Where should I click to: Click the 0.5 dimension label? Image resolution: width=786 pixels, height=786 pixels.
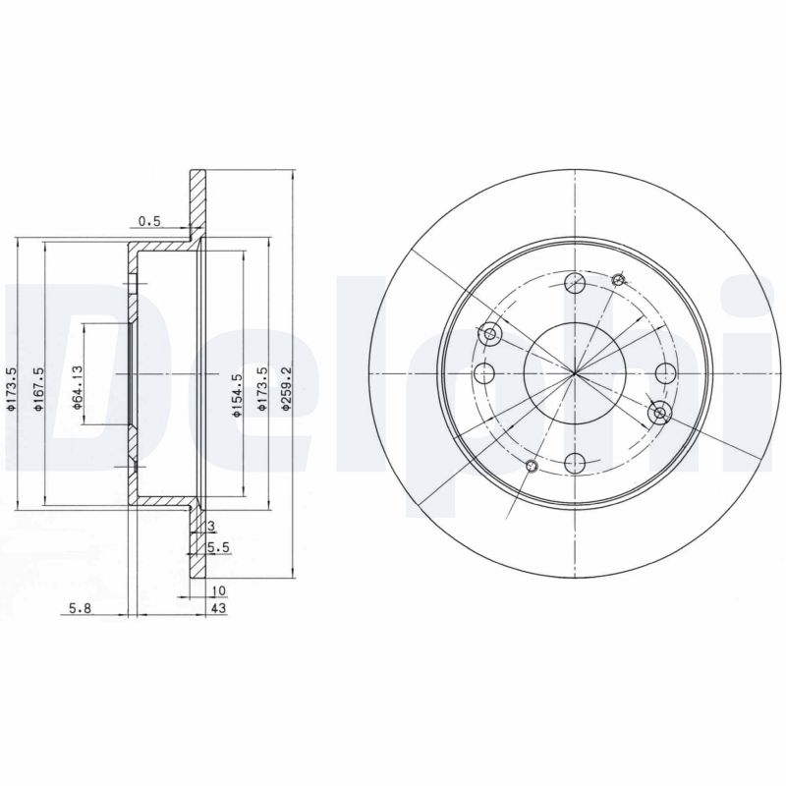[149, 221]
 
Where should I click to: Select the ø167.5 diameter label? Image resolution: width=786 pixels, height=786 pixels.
[39, 389]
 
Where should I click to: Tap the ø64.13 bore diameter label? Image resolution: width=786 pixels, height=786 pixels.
[78, 388]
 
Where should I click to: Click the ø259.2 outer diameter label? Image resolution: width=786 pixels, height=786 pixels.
[286, 389]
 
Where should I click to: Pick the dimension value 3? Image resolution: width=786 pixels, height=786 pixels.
[211, 526]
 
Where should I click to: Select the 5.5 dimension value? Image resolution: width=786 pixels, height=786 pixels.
[218, 548]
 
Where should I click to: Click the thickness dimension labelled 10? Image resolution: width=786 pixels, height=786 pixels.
[219, 591]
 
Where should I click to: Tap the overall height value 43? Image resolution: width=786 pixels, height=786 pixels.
[219, 608]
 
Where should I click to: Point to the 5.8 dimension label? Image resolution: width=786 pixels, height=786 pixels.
[81, 608]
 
